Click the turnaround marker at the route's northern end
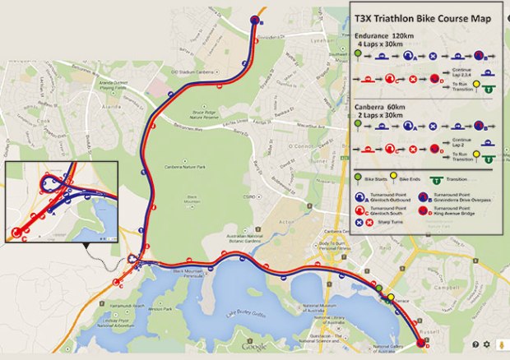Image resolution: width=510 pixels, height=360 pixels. [x=254, y=20]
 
